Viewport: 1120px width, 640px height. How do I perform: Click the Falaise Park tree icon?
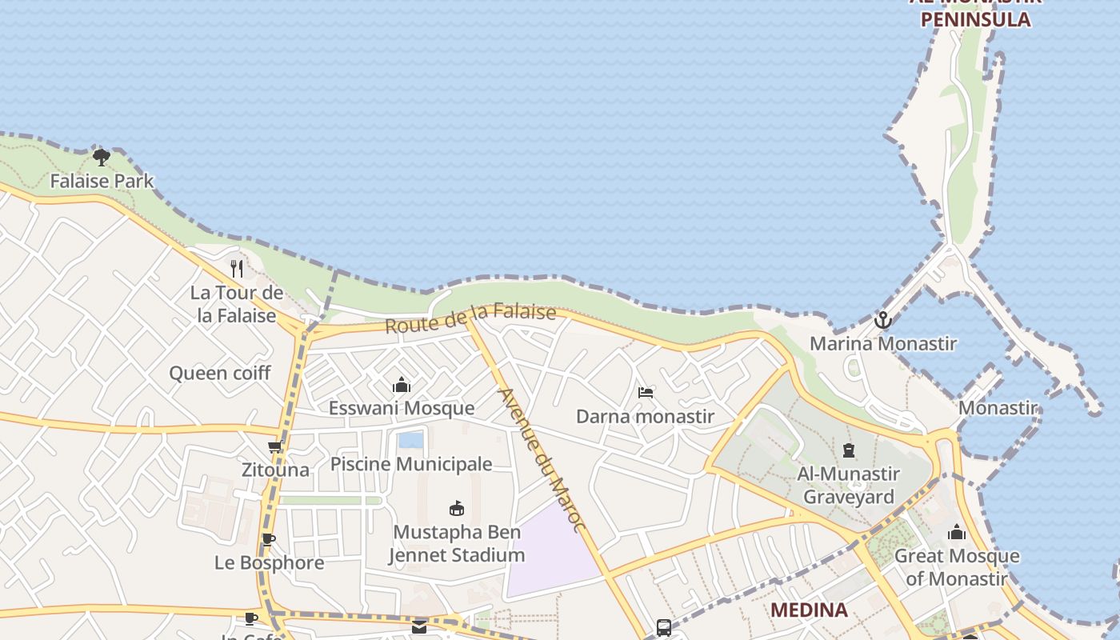(101, 157)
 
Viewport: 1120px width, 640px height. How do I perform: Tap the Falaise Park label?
(102, 181)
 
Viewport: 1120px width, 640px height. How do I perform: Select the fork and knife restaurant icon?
(236, 268)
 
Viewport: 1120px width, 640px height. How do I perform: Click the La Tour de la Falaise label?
(237, 304)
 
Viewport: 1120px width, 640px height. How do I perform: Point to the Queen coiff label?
(220, 373)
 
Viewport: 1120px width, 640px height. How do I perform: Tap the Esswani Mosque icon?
(402, 386)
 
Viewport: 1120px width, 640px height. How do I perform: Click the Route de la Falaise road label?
(470, 318)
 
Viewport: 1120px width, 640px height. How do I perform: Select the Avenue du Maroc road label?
(542, 459)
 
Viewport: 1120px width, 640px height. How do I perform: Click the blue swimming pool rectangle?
(410, 440)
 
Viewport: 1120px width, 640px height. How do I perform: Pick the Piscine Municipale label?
(411, 464)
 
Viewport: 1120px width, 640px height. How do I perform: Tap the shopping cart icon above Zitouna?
(275, 447)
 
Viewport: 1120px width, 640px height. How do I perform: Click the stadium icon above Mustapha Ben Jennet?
(457, 508)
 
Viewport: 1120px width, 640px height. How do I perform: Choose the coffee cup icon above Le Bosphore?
(269, 540)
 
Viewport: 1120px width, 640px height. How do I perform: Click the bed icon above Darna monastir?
(646, 393)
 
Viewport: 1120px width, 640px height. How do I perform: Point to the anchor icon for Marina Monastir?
(882, 320)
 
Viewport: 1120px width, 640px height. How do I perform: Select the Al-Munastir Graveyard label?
(848, 485)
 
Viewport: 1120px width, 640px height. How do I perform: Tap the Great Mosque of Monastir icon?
(956, 532)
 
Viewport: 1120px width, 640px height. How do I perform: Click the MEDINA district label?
(809, 610)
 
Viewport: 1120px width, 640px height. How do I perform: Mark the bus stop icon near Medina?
(664, 628)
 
